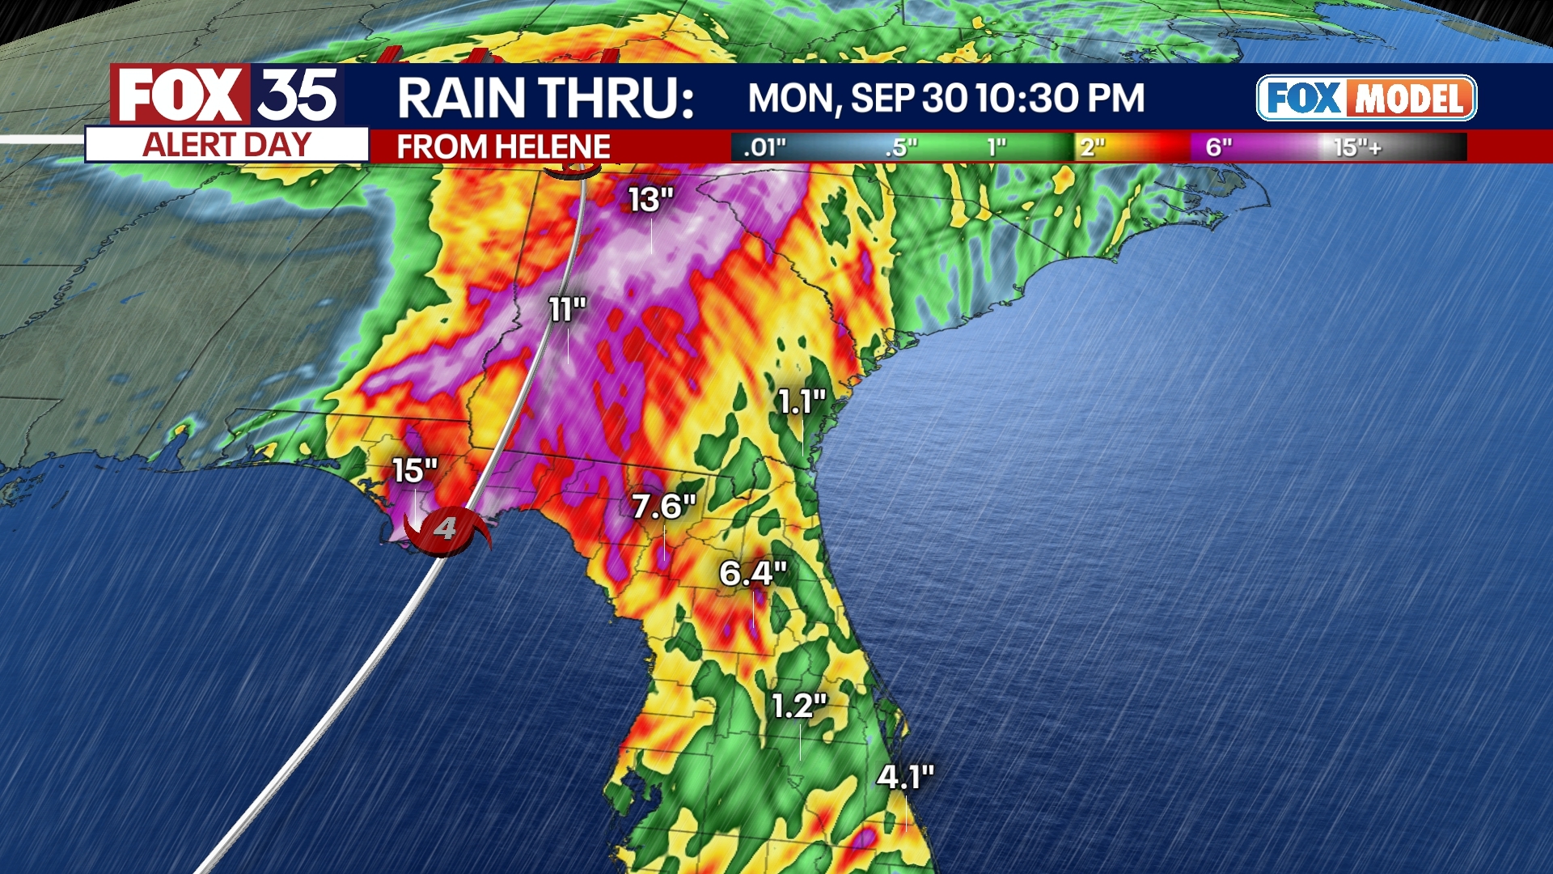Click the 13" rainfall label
point(651,200)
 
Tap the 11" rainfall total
point(567,309)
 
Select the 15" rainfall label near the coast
point(415,470)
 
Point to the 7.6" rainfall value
point(663,507)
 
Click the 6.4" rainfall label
point(753,574)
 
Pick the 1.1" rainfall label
point(802,401)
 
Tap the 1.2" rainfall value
point(799,706)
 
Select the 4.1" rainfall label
point(905,778)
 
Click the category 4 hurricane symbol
point(446,530)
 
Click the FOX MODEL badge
point(1366,98)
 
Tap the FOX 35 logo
point(227,95)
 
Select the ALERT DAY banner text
point(227,146)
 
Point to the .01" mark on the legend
point(764,147)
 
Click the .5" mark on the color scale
point(901,147)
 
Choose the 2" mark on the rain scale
point(1092,147)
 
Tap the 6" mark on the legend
point(1218,147)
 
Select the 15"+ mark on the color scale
point(1356,147)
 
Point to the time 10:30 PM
point(1060,99)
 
